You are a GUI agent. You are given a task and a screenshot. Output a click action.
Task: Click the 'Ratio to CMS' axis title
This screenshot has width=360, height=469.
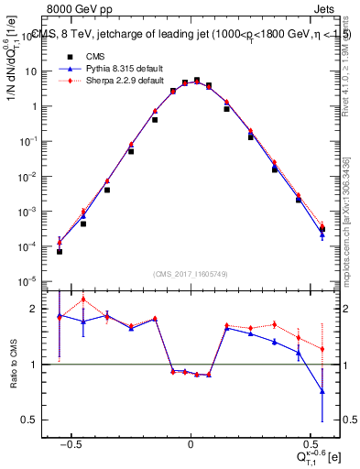click(13, 365)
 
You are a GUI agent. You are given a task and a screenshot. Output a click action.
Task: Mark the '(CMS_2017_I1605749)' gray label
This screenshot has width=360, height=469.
click(191, 273)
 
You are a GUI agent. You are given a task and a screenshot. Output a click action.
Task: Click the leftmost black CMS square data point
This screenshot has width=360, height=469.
click(60, 251)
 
